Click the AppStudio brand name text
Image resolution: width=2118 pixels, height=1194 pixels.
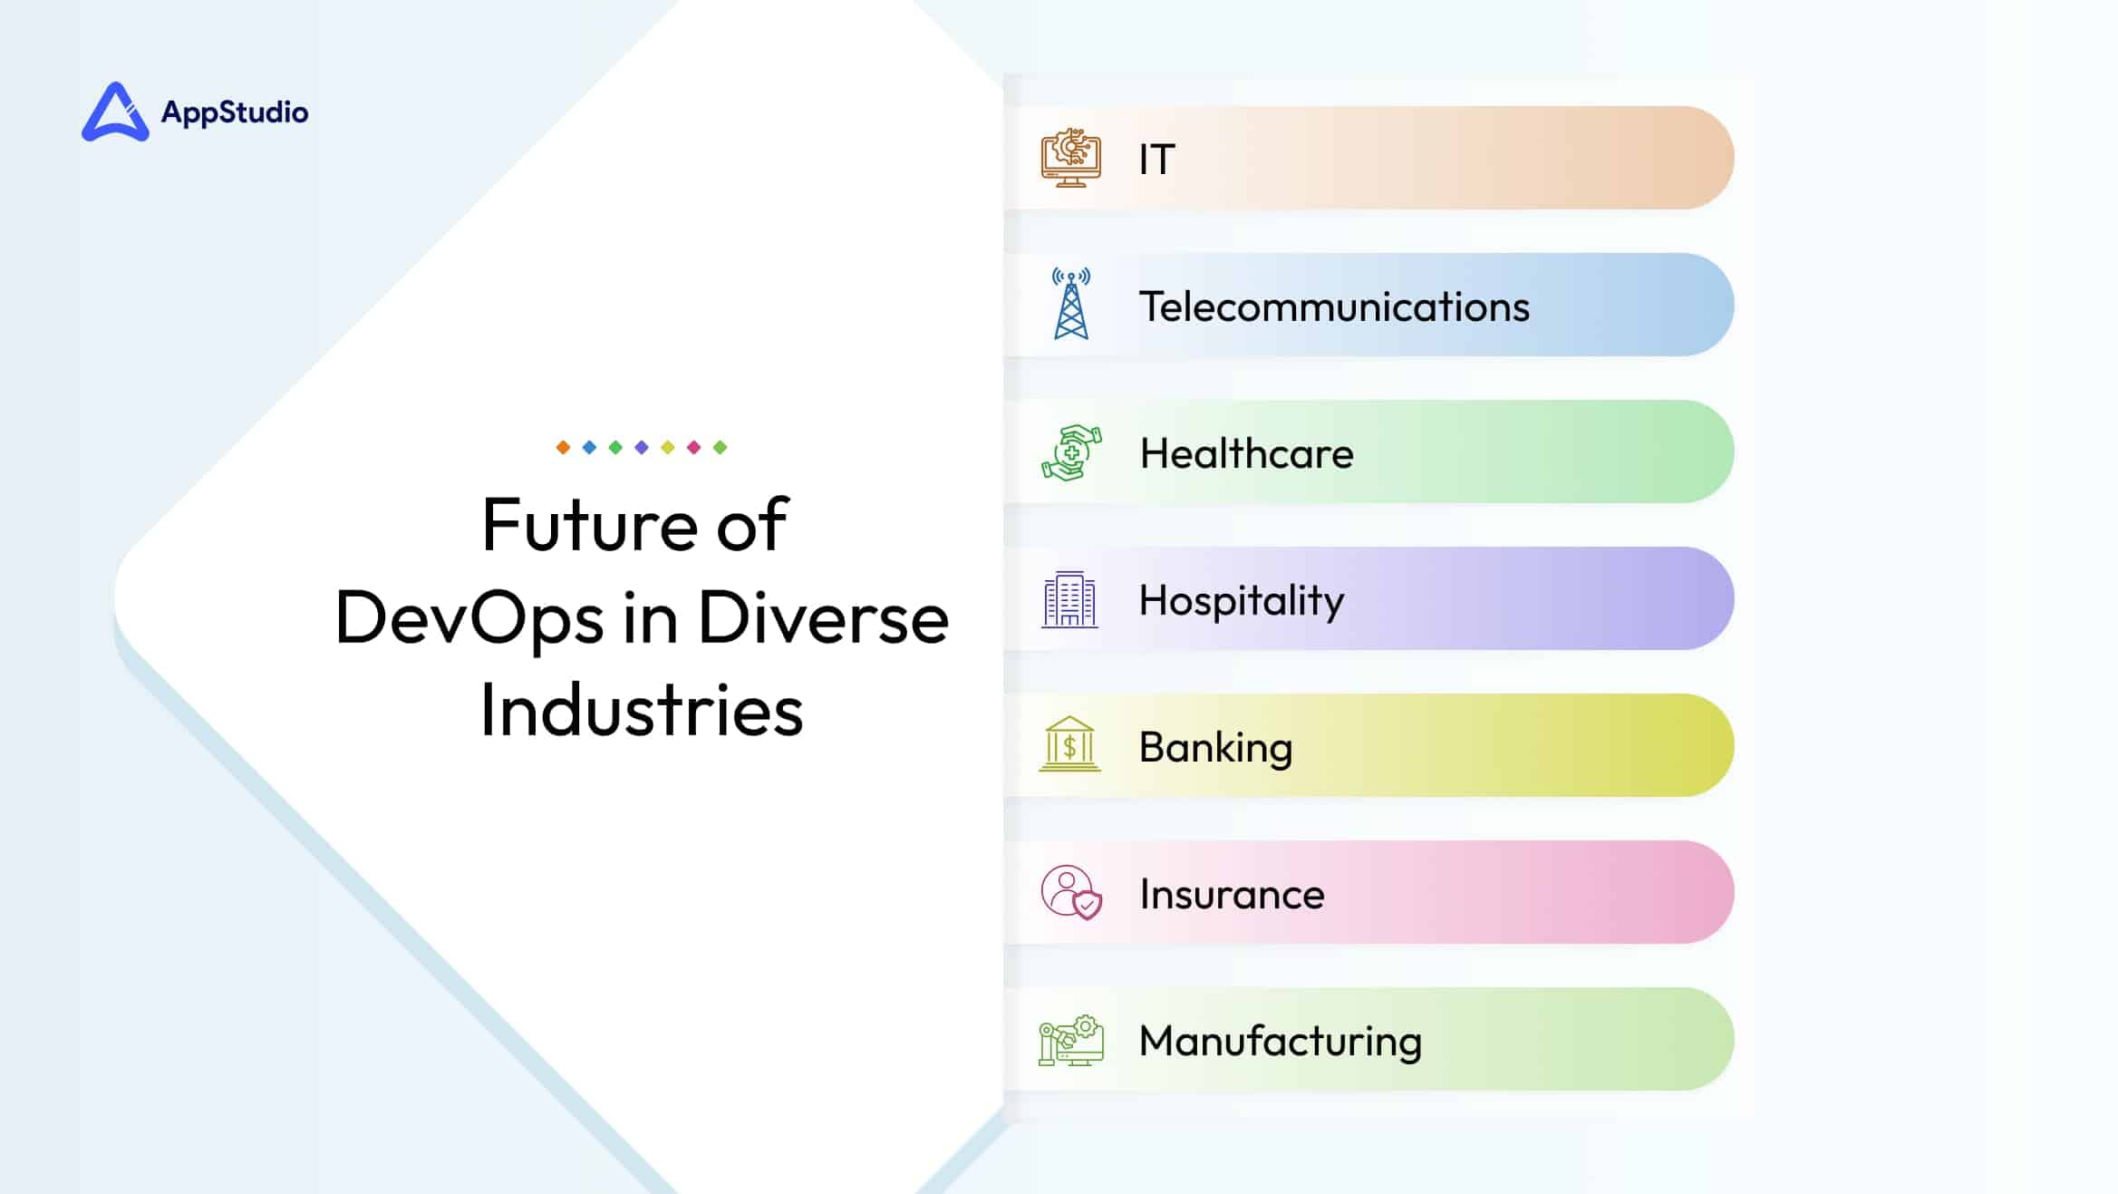pos(235,112)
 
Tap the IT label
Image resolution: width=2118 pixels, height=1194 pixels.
pos(1157,160)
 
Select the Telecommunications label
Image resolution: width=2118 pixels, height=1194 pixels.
pos(1334,306)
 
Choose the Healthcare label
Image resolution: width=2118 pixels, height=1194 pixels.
pos(1247,453)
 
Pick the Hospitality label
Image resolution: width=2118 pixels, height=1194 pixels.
pos(1242,601)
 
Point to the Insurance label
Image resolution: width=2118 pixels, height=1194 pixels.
pos(1233,895)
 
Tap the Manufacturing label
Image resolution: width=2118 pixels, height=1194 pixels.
pos(1281,1042)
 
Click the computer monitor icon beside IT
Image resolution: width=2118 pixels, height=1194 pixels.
pos(1071,158)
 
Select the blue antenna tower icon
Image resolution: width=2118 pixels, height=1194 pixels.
pos(1071,304)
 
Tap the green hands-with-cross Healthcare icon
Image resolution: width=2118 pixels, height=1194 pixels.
pos(1071,451)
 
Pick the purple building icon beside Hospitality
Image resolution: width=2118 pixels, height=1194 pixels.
pos(1070,599)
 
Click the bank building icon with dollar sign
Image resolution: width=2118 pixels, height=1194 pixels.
pos(1070,744)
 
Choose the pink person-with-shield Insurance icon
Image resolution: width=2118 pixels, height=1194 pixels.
pos(1072,893)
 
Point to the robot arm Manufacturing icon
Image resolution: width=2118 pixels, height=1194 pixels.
pos(1071,1040)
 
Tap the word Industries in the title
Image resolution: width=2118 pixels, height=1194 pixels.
pos(642,711)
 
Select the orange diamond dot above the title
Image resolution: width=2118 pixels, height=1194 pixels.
pos(563,447)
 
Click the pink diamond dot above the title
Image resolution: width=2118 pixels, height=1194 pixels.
pos(694,447)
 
